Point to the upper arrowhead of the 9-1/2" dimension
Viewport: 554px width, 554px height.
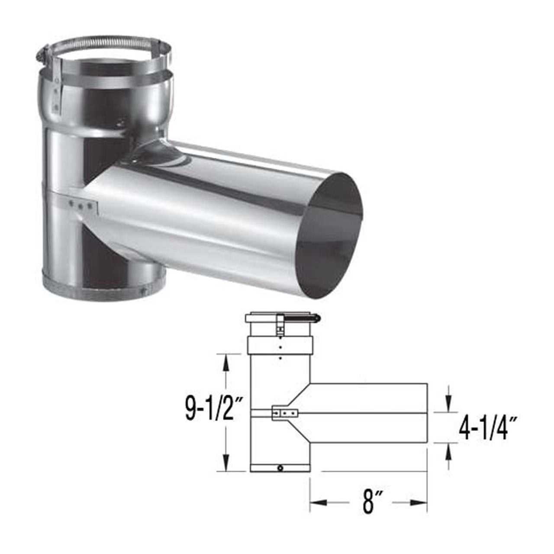tap(225, 364)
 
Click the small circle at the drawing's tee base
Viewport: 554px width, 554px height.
tap(281, 468)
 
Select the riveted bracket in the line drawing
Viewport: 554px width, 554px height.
tap(284, 414)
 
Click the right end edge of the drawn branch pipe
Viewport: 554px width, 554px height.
tap(428, 413)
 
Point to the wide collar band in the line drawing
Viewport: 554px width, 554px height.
tap(280, 346)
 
